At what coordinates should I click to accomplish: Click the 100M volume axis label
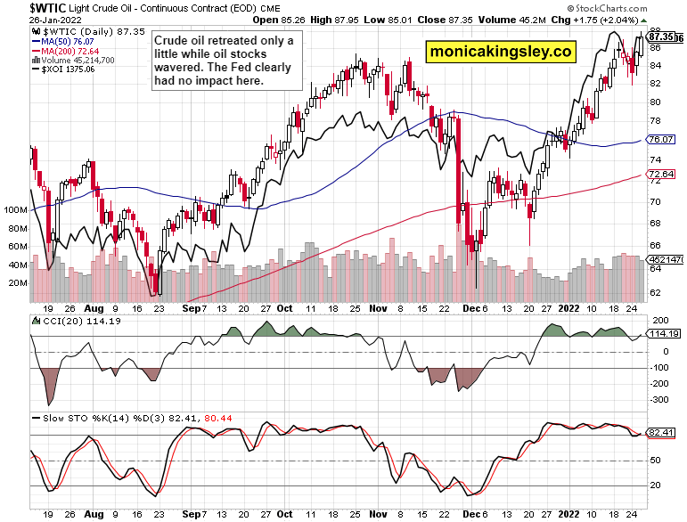point(14,210)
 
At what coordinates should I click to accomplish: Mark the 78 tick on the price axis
point(655,120)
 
